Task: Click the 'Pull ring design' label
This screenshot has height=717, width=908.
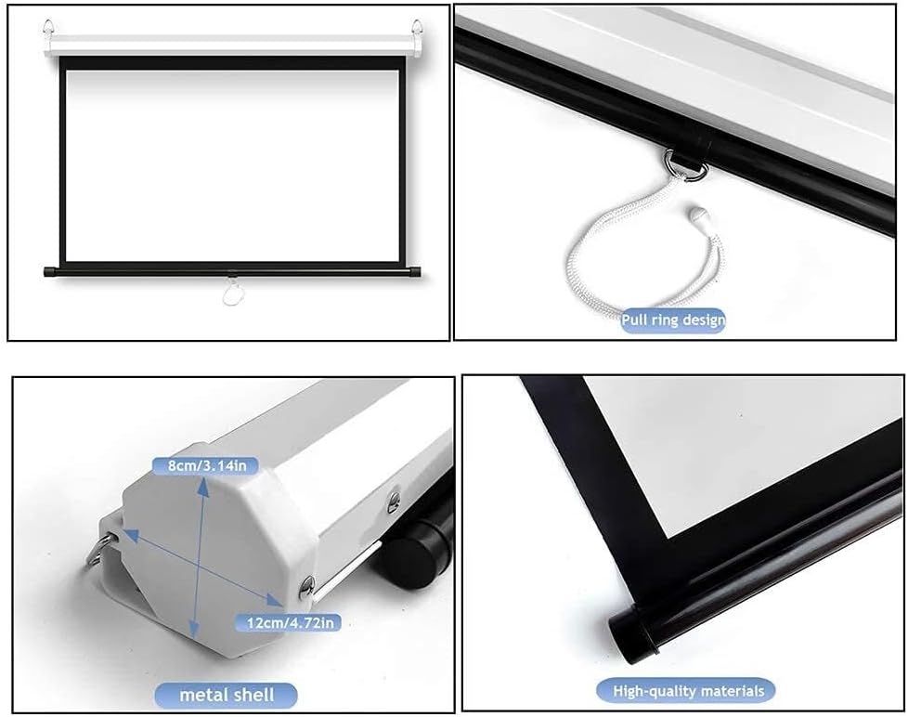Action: tap(673, 319)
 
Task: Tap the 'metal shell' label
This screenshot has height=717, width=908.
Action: tap(227, 695)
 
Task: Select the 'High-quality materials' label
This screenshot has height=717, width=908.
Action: tap(689, 691)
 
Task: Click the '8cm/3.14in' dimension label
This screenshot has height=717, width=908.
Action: tap(205, 465)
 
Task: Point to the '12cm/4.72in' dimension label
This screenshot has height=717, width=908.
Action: tap(290, 622)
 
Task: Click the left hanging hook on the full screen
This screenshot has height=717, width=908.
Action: tap(48, 27)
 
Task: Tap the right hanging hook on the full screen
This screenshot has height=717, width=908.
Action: tap(417, 27)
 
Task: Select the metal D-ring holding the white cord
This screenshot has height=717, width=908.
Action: tap(687, 167)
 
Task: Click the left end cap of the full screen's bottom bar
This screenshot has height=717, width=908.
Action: tap(50, 271)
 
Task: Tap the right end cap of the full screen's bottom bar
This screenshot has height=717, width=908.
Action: tap(415, 271)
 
